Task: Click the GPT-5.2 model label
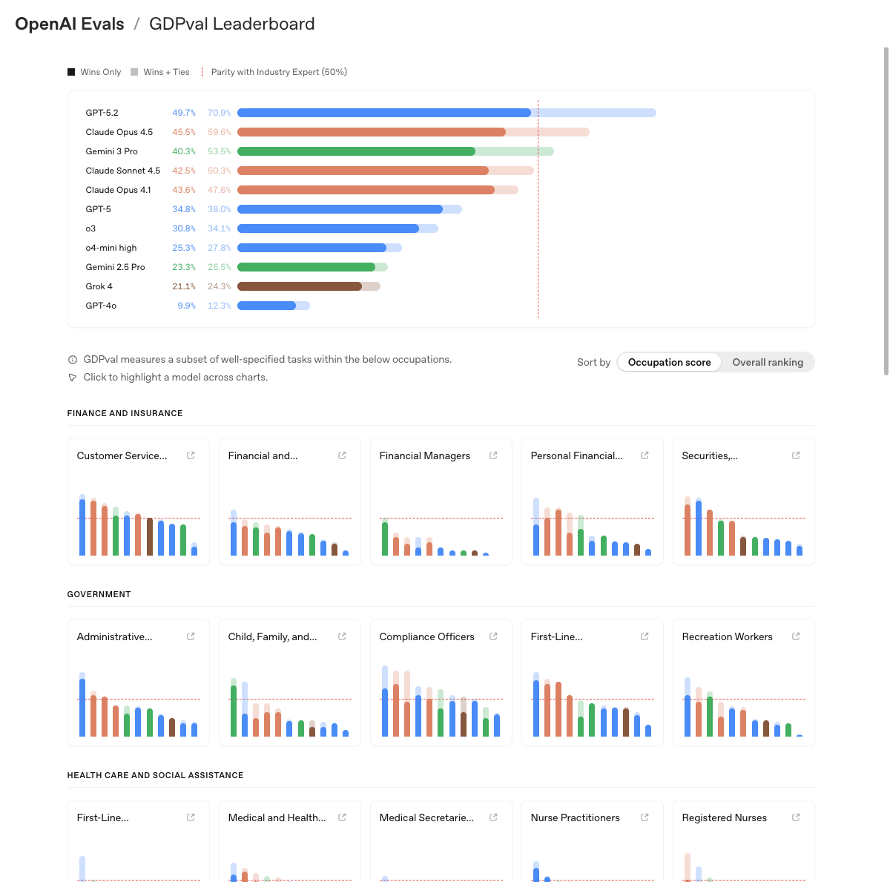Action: pyautogui.click(x=102, y=113)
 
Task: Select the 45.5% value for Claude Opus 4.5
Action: pyautogui.click(x=184, y=132)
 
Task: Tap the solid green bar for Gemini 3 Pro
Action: pyautogui.click(x=356, y=151)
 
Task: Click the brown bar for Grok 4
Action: pyautogui.click(x=299, y=286)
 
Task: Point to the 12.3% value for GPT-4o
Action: pyautogui.click(x=219, y=306)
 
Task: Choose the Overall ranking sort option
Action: pyautogui.click(x=768, y=362)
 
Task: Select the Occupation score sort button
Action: pyautogui.click(x=669, y=362)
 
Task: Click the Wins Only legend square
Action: pyautogui.click(x=71, y=72)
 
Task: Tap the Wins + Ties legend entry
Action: pyautogui.click(x=160, y=72)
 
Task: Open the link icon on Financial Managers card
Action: pyautogui.click(x=493, y=455)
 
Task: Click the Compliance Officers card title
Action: pyautogui.click(x=426, y=636)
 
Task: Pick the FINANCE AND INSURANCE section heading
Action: pyautogui.click(x=125, y=413)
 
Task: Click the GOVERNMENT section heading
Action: pyautogui.click(x=99, y=594)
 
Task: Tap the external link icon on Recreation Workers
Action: pyautogui.click(x=796, y=636)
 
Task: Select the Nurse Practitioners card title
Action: pyautogui.click(x=575, y=817)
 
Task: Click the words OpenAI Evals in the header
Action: pyautogui.click(x=70, y=24)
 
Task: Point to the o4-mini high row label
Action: pyautogui.click(x=111, y=248)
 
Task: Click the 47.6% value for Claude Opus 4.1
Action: pyautogui.click(x=219, y=190)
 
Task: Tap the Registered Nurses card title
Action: pyautogui.click(x=724, y=817)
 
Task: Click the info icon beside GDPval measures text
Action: pyautogui.click(x=73, y=360)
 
